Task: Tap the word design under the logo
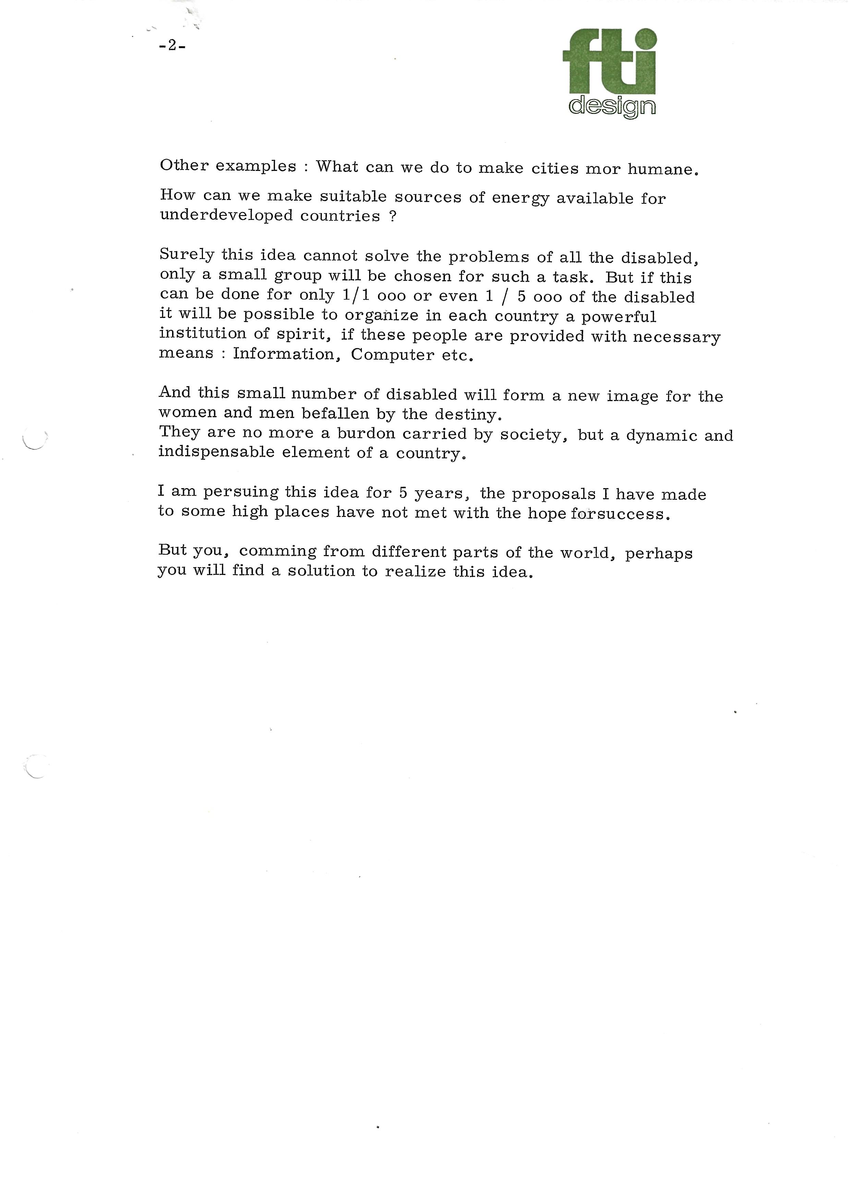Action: tap(612, 106)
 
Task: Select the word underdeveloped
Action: tap(226, 215)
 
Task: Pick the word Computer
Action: tap(392, 355)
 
